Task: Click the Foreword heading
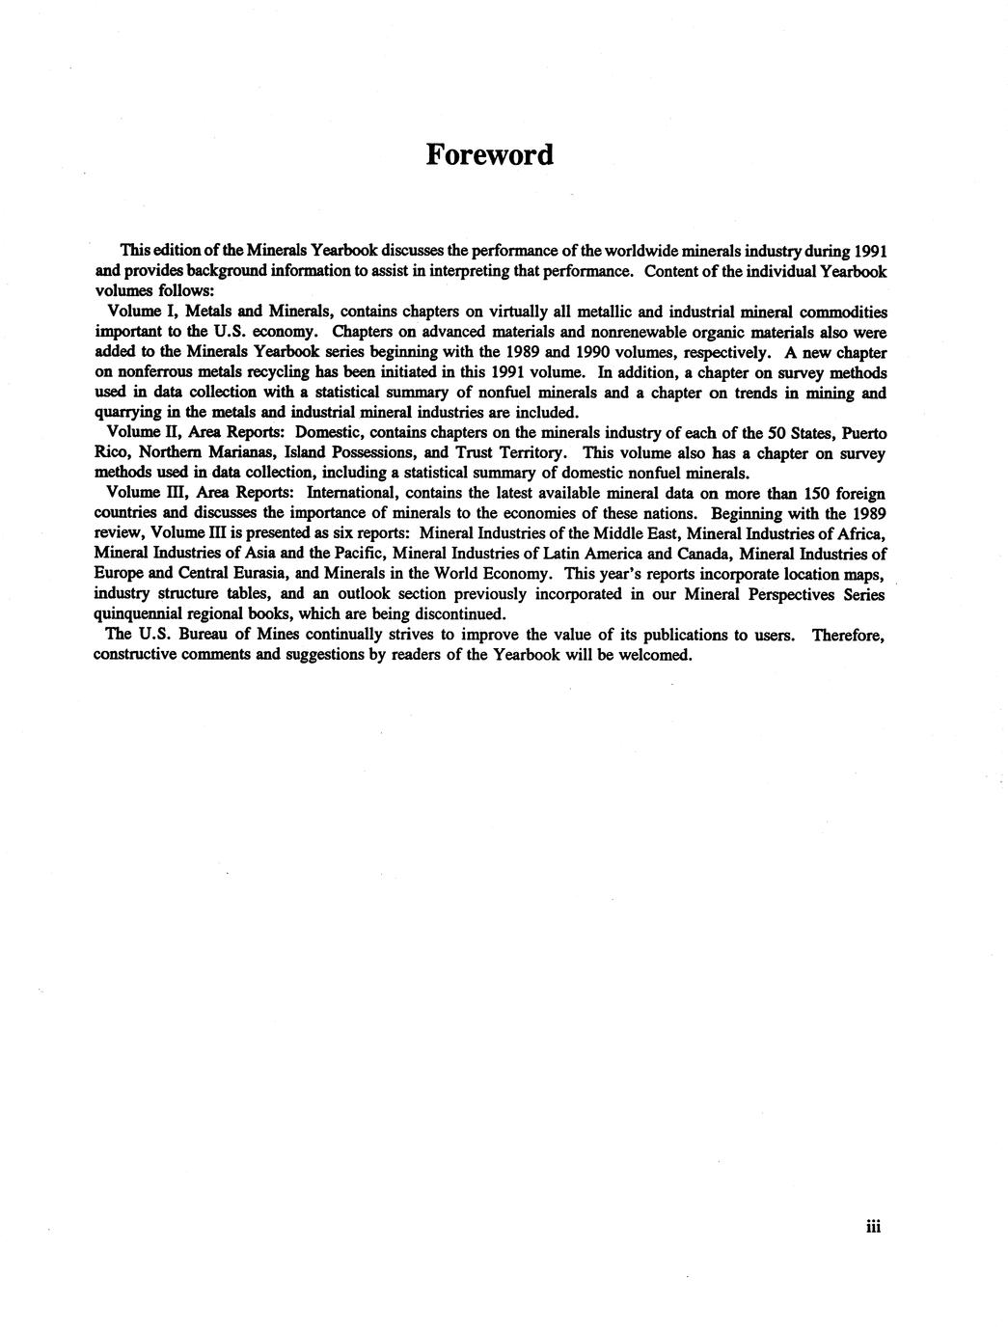point(490,154)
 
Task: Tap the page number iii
point(874,1226)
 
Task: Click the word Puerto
point(864,433)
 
